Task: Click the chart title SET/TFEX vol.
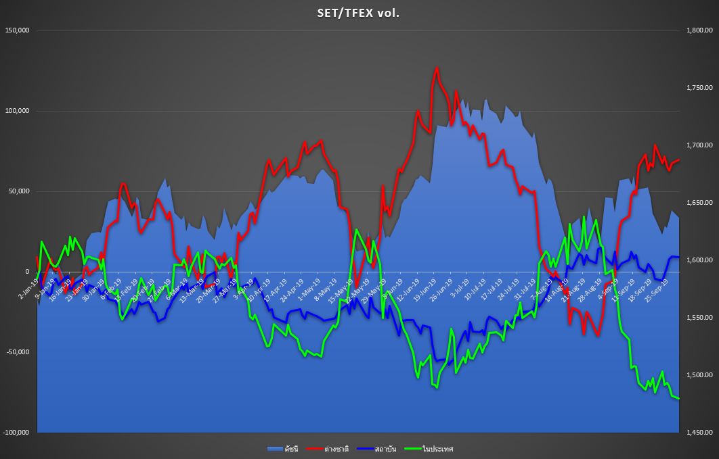click(x=359, y=12)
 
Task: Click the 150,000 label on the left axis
click(x=18, y=30)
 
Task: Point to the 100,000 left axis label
click(x=18, y=111)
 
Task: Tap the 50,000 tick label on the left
click(x=19, y=191)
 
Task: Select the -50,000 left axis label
click(x=18, y=352)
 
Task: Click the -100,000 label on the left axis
click(x=16, y=433)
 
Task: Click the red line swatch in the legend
click(x=313, y=448)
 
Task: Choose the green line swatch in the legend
click(x=411, y=448)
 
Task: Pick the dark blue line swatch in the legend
click(x=364, y=448)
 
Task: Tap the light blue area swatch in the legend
click(x=274, y=448)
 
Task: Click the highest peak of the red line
click(x=437, y=68)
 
